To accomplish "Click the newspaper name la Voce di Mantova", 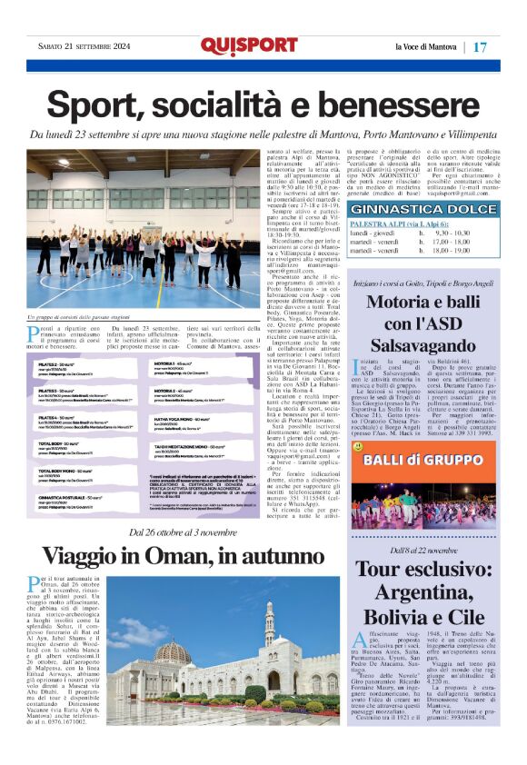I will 426,46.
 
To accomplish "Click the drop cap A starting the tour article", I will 358,640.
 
